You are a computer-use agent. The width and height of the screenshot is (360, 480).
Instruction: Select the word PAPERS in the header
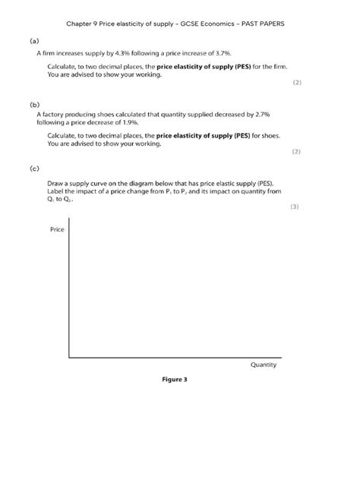tap(275, 24)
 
